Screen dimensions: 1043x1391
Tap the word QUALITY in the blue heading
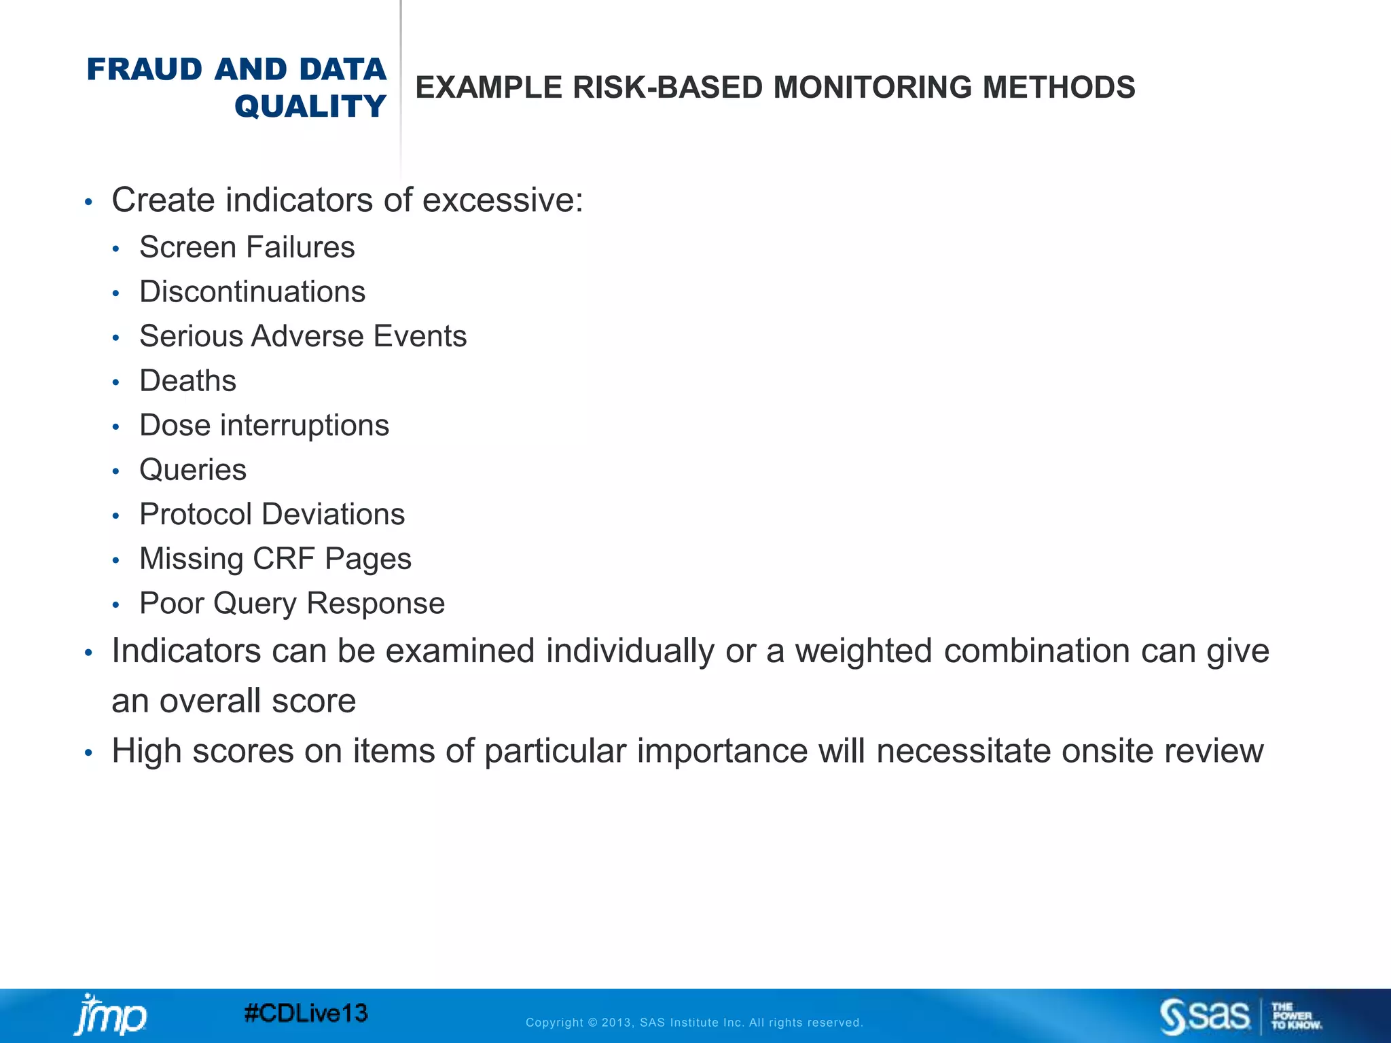[x=310, y=107]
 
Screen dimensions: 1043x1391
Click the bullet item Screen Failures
[x=247, y=247]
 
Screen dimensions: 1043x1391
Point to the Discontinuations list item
[x=252, y=292]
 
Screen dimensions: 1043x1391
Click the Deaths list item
[x=187, y=381]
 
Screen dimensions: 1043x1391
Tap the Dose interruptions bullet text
[x=264, y=426]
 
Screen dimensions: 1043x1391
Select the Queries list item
[x=193, y=470]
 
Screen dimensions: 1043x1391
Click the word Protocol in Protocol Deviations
[x=195, y=515]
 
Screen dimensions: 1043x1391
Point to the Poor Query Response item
[x=292, y=604]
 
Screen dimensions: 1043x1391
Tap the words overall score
[x=257, y=701]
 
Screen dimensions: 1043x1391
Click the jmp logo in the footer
[x=109, y=1015]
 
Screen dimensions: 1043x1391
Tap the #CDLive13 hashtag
[x=306, y=1014]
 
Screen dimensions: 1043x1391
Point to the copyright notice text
[x=694, y=1023]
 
